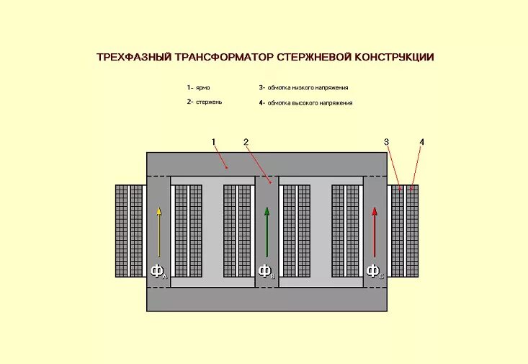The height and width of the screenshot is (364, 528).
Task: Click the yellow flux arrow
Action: [x=158, y=231]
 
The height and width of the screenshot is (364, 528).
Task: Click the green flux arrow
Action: [x=267, y=231]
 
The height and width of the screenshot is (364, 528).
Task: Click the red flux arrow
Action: [x=375, y=231]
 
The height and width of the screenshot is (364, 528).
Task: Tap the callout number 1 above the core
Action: [x=214, y=142]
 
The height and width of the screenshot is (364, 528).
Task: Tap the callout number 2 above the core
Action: [x=246, y=142]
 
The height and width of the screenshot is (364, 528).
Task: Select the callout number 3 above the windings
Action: [x=386, y=142]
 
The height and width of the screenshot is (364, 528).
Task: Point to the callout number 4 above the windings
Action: [x=422, y=142]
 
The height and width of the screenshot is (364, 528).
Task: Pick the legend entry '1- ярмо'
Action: [x=198, y=87]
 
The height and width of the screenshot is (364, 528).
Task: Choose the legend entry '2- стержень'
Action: [x=204, y=102]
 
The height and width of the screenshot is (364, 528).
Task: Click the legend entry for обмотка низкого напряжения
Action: [x=303, y=87]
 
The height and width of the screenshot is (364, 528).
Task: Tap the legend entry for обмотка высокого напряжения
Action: [x=305, y=103]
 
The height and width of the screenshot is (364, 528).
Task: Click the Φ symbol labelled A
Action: [x=157, y=271]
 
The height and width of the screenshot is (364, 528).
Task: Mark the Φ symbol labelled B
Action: [x=265, y=271]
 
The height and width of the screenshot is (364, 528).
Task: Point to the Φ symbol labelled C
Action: [x=373, y=271]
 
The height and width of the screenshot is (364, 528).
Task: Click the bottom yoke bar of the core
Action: [x=267, y=299]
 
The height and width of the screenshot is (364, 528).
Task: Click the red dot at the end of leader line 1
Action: [x=228, y=167]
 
